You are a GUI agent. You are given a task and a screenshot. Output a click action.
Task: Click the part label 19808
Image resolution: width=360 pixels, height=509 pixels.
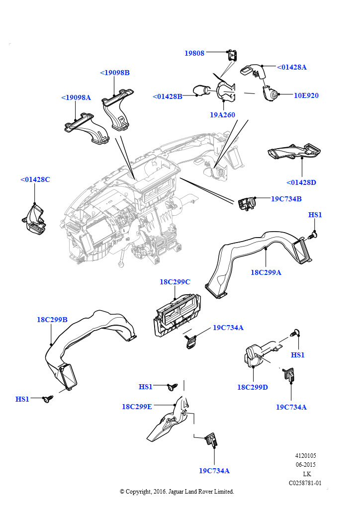[194, 53]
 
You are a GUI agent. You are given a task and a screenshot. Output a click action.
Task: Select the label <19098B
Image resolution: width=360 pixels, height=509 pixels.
[115, 73]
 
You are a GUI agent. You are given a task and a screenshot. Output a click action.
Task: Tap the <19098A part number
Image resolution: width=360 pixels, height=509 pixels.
[76, 97]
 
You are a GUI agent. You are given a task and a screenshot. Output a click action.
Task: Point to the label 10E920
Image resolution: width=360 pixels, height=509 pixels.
[306, 95]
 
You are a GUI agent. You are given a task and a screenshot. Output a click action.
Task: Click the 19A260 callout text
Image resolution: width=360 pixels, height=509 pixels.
[222, 115]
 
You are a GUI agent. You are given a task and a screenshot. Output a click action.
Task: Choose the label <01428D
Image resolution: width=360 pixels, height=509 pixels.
[301, 182]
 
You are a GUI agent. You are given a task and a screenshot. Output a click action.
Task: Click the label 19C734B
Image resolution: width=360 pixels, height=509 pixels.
[286, 199]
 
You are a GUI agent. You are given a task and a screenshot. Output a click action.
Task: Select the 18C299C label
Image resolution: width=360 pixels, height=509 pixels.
[175, 282]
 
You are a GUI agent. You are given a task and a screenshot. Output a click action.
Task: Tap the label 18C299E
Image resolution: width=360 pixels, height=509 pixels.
[137, 406]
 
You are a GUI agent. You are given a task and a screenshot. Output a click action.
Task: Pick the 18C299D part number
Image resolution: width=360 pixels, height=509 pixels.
[253, 387]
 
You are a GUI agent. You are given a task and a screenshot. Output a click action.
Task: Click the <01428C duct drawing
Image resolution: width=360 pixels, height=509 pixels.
[34, 220]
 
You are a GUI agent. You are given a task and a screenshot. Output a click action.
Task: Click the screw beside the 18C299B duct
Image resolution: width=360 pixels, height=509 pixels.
[48, 399]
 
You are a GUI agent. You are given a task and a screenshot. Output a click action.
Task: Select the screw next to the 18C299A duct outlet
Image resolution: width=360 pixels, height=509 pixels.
[314, 235]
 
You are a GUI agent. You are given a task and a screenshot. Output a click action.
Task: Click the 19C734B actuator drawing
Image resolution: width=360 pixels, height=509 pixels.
[246, 203]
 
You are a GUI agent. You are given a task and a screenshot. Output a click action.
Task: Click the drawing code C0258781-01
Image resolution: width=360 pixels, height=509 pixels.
[305, 483]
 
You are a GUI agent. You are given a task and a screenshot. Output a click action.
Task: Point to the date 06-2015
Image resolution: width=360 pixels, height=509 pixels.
[305, 465]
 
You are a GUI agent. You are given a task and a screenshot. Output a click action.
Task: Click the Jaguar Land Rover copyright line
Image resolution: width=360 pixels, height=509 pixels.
[177, 492]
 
